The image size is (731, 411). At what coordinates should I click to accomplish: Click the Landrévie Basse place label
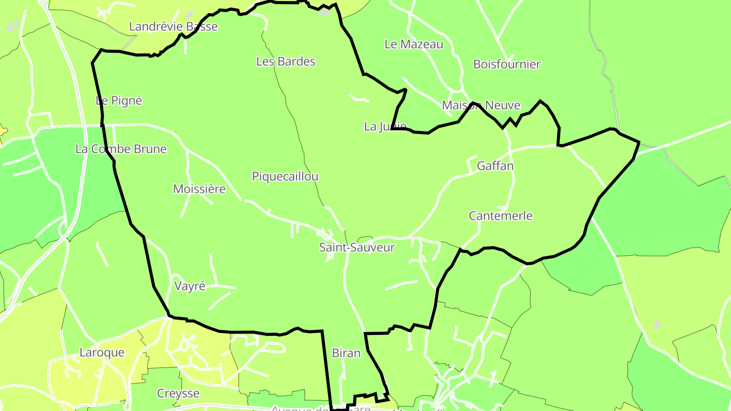[x=173, y=27]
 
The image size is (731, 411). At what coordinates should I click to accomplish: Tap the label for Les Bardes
[x=286, y=62]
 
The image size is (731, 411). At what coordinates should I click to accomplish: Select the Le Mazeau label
[x=414, y=45]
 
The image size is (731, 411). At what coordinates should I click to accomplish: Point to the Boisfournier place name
[x=507, y=64]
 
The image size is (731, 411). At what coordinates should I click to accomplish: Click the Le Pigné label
[x=119, y=101]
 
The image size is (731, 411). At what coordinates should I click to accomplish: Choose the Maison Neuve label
[x=481, y=106]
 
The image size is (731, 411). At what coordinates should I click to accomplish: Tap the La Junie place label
[x=385, y=127]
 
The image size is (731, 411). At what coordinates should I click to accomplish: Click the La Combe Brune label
[x=121, y=149]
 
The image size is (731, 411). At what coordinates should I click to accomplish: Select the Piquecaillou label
[x=285, y=177]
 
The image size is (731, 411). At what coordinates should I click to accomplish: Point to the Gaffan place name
[x=495, y=166]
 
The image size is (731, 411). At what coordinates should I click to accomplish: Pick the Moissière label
[x=200, y=190]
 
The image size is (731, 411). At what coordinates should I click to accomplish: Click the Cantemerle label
[x=501, y=216]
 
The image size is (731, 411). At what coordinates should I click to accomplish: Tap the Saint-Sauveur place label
[x=357, y=248]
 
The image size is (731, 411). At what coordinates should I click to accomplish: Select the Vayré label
[x=190, y=286]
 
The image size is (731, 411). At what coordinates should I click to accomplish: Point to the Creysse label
[x=178, y=394]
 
